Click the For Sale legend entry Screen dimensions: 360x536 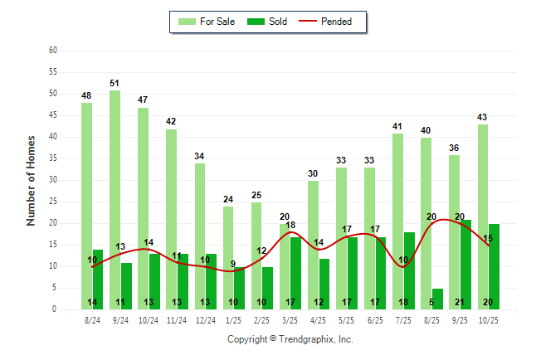click(207, 22)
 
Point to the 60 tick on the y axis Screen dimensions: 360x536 click(53, 51)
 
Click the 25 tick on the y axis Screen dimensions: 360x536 click(53, 202)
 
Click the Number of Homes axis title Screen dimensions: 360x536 click(32, 180)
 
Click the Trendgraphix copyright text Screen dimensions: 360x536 click(290, 339)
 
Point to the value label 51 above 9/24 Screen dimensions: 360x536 click(115, 83)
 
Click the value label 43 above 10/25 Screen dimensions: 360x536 click(483, 117)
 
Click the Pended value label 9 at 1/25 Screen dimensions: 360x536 click(233, 265)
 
